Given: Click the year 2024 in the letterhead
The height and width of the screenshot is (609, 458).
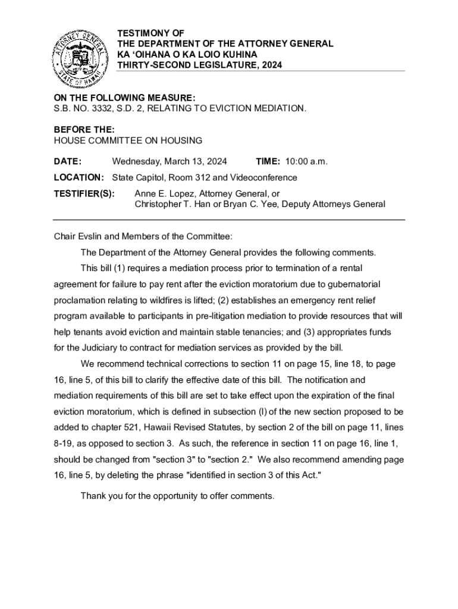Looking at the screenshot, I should (270, 65).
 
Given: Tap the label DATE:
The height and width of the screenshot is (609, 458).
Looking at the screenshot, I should (68, 161).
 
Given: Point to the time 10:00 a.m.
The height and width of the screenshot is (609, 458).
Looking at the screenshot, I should (306, 161).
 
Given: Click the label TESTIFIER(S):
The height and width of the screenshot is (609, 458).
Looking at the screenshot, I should (84, 193).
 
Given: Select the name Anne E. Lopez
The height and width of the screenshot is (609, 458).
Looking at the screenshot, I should (164, 193).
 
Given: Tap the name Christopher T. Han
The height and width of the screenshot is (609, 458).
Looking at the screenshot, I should (173, 204).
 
